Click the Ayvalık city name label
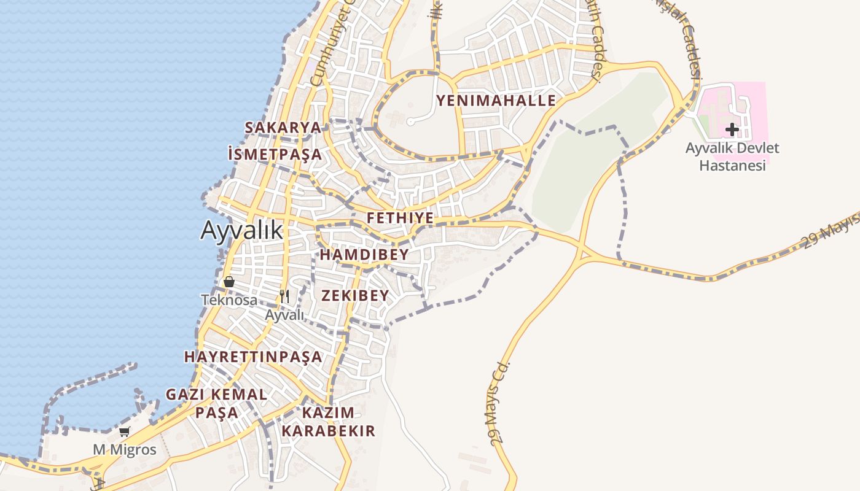click(x=242, y=231)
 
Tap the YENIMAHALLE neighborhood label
click(x=496, y=101)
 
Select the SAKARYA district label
click(x=283, y=128)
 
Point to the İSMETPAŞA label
click(x=275, y=155)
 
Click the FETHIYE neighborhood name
click(x=400, y=218)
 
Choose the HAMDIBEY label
click(x=364, y=255)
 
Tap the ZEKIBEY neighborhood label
click(x=355, y=296)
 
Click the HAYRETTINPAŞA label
click(x=253, y=357)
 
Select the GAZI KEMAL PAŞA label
click(x=217, y=403)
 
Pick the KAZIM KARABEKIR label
click(x=328, y=422)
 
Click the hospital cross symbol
click(x=732, y=130)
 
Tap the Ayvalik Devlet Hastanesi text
click(x=732, y=157)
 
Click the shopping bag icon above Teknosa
click(x=229, y=282)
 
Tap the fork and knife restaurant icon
click(x=284, y=296)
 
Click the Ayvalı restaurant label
click(x=284, y=315)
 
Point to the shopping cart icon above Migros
click(x=125, y=431)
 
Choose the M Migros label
click(x=125, y=450)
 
